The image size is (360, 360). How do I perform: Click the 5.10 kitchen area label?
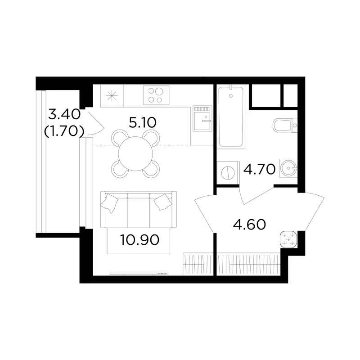pyautogui.click(x=143, y=122)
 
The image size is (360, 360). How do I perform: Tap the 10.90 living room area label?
pyautogui.click(x=139, y=240)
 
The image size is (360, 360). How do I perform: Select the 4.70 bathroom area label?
pyautogui.click(x=260, y=169)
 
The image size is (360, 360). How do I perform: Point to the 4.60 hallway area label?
pyautogui.click(x=249, y=224)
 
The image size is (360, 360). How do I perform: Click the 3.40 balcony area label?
pyautogui.click(x=64, y=114)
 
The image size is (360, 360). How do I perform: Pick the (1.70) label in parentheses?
pyautogui.click(x=64, y=131)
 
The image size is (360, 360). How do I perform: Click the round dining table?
pyautogui.click(x=136, y=153)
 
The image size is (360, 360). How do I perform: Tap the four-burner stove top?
pyautogui.click(x=156, y=95)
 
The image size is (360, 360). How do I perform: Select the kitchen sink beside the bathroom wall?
pyautogui.click(x=202, y=118)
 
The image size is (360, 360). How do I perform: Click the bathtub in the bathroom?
pyautogui.click(x=231, y=116)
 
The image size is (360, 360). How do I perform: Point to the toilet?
pyautogui.click(x=285, y=126)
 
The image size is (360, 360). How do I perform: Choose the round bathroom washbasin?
pyautogui.click(x=288, y=168)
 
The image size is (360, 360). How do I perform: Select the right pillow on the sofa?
pyautogui.click(x=163, y=202)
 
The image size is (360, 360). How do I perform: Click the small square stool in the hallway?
pyautogui.click(x=289, y=239)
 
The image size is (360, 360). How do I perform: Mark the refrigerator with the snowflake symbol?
pyautogui.click(x=112, y=96)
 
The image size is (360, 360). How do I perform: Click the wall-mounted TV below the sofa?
pyautogui.click(x=139, y=274)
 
